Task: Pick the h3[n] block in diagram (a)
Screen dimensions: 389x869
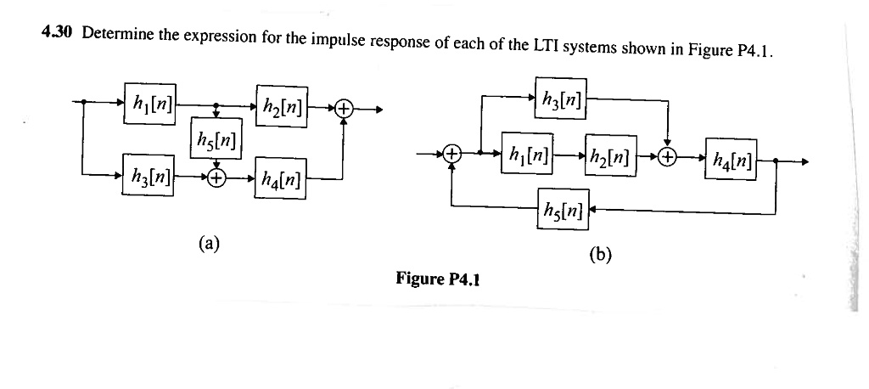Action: click(x=149, y=177)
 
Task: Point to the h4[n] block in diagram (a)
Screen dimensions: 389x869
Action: click(x=280, y=179)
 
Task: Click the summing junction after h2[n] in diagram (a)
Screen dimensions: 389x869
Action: click(x=343, y=109)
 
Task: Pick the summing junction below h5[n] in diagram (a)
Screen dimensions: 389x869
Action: click(x=216, y=178)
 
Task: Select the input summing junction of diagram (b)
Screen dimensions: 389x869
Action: click(x=452, y=155)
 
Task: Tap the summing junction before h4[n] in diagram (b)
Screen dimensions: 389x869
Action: click(x=669, y=157)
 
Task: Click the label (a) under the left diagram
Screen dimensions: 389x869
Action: click(x=209, y=244)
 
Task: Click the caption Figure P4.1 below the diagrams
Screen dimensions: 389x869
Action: click(x=438, y=278)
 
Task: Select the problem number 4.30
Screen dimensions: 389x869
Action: click(x=57, y=33)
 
